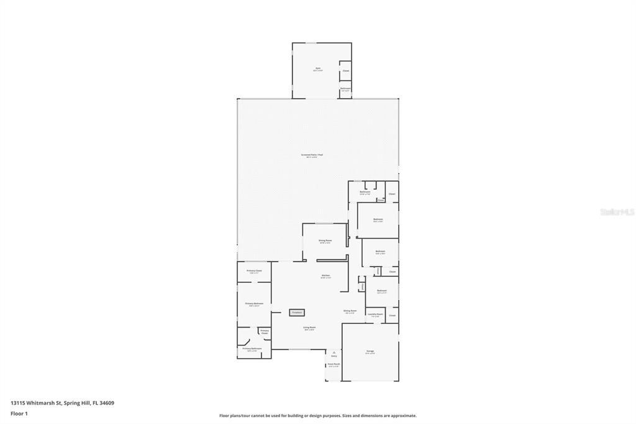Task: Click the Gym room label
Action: point(317,68)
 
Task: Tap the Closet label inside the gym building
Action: point(345,71)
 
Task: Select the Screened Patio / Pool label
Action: point(312,155)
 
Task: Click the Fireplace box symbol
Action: point(297,312)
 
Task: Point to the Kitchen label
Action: point(325,275)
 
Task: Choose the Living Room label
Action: point(309,328)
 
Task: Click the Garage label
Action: point(370,351)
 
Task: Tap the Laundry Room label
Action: point(375,315)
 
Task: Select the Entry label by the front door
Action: point(334,356)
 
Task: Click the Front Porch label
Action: point(334,364)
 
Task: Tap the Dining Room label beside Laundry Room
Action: point(350,311)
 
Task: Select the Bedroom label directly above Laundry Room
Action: point(381,290)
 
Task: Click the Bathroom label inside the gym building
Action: point(345,89)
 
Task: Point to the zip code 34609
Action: point(106,403)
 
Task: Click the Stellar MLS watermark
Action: point(617,212)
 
